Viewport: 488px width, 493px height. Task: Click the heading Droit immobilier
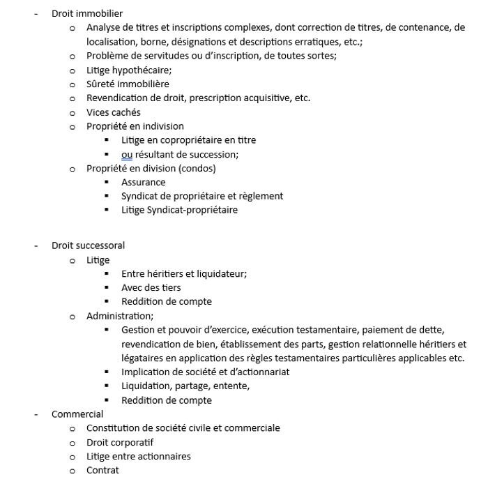tap(87, 13)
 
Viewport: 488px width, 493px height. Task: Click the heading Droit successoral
tap(88, 245)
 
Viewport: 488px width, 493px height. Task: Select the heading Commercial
tap(77, 414)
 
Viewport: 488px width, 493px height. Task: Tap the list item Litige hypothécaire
tap(129, 70)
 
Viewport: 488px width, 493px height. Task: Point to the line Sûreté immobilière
tap(128, 84)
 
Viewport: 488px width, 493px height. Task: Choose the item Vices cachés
tap(113, 112)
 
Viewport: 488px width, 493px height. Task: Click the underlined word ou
tap(127, 154)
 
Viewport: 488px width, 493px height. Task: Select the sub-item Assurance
tap(143, 182)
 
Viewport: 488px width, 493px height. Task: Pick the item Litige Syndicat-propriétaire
tap(179, 210)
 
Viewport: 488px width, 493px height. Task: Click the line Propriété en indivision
tap(135, 126)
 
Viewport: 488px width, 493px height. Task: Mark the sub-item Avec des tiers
tap(151, 287)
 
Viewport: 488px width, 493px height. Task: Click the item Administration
tap(119, 316)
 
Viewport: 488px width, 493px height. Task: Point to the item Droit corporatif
tap(119, 442)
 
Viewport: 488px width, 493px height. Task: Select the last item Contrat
tap(102, 470)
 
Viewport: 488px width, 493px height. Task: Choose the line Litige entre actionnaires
tap(138, 456)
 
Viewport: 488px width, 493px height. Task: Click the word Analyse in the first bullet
tap(103, 27)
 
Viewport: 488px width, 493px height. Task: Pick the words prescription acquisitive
tap(238, 98)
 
